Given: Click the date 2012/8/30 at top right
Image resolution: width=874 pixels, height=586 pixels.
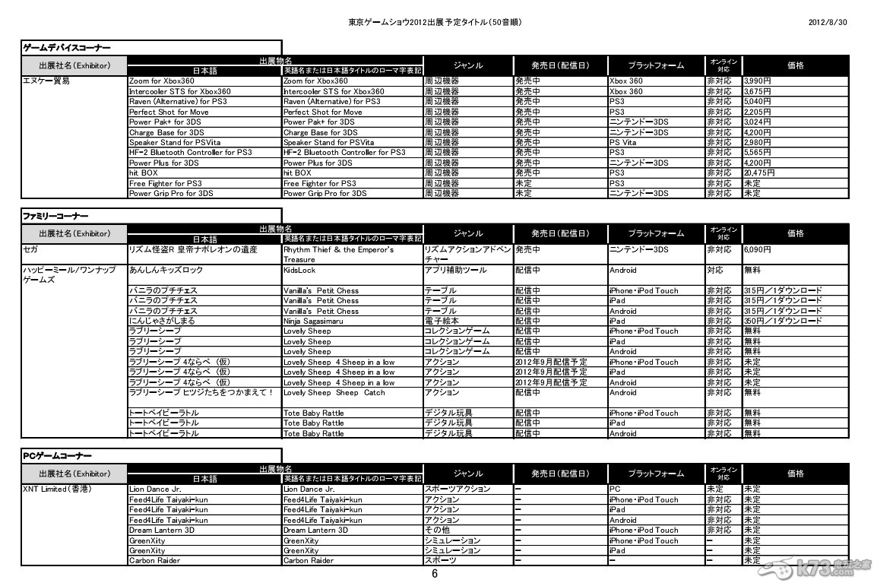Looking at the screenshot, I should coord(828,22).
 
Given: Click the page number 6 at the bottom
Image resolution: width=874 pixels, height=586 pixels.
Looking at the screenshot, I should coord(435,574).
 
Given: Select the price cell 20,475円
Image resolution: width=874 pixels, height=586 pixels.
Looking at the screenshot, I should coord(759,173).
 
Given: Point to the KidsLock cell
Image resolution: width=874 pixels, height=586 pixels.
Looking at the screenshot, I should coord(299,270).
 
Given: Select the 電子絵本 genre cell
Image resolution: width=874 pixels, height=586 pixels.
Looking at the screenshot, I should coord(441,321).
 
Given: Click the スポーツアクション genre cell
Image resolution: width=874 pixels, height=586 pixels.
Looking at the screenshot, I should coord(458,489).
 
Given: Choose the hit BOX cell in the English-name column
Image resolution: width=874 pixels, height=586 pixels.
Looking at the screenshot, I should coord(297,173).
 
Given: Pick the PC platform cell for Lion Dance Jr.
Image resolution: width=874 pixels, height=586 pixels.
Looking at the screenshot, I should coord(615,489).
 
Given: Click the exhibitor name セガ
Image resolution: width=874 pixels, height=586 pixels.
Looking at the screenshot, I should coord(31,249).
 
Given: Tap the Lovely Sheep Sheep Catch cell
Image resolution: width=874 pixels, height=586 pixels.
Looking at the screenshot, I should coord(334,393).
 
